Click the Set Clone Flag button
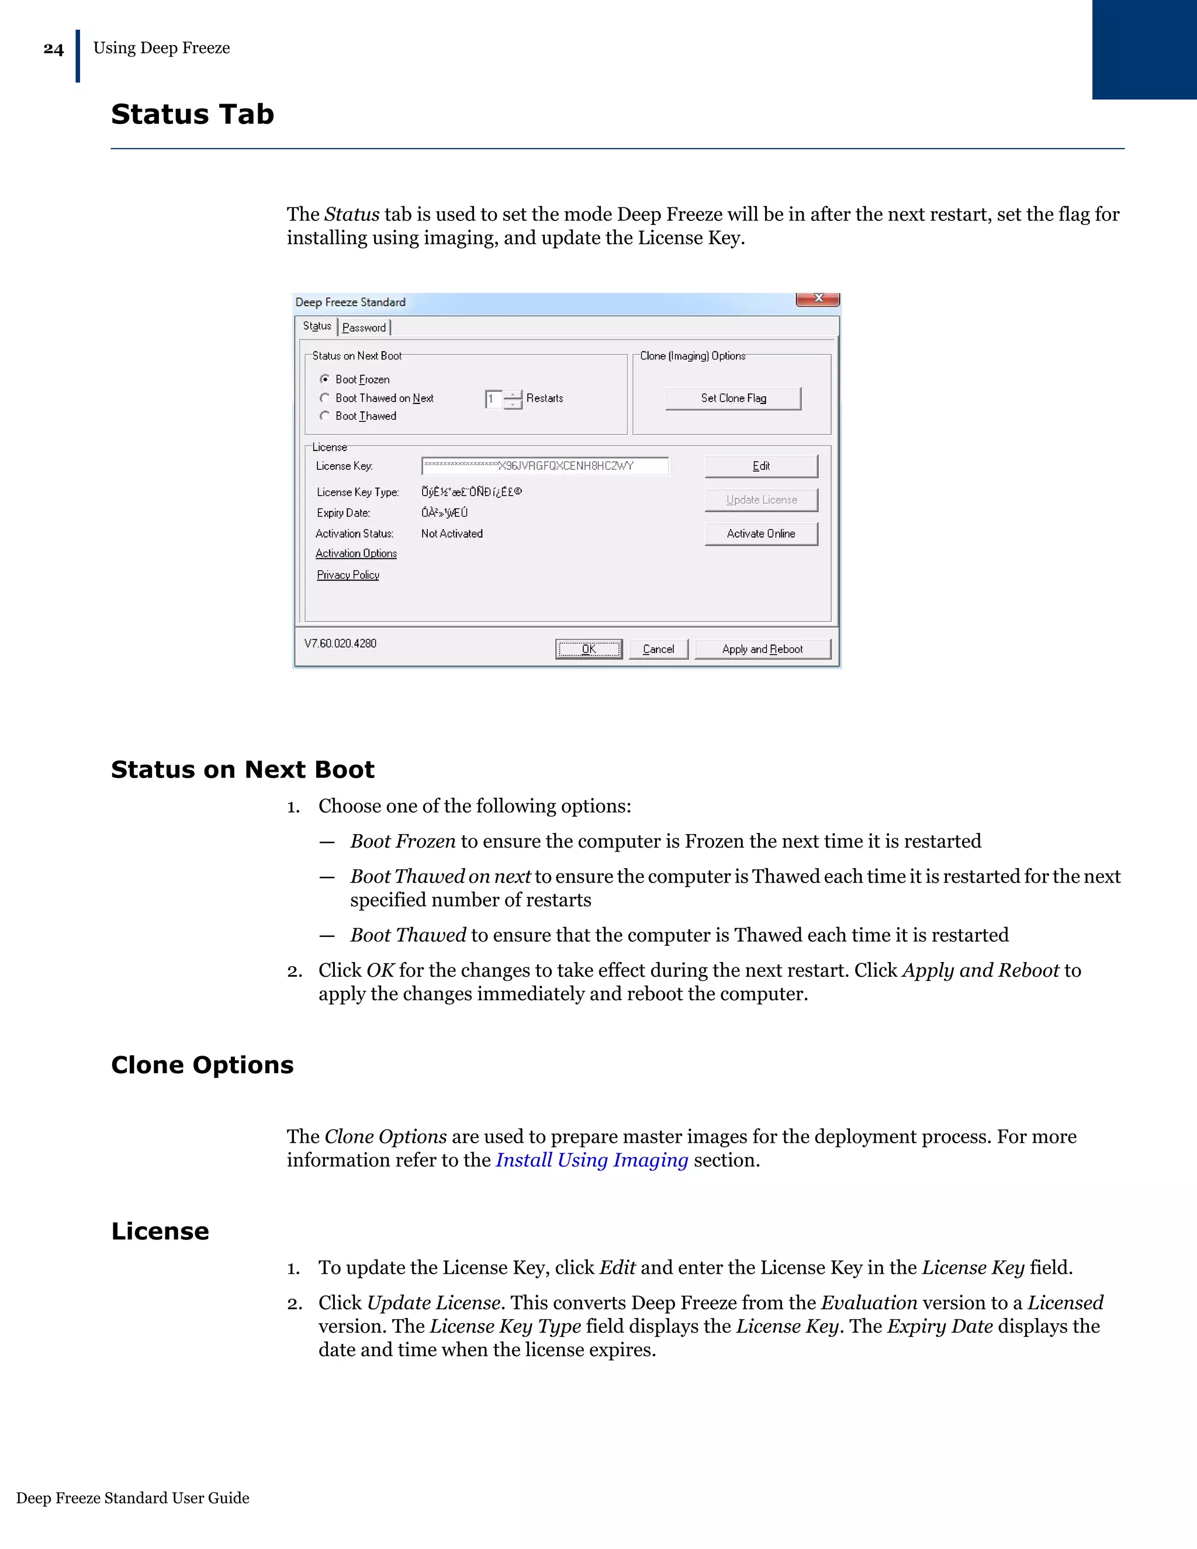tap(734, 399)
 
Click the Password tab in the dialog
tap(364, 328)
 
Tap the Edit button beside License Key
tap(761, 466)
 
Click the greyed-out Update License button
tap(761, 500)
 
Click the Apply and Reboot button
tap(762, 649)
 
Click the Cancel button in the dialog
tap(658, 649)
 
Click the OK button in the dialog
tap(589, 649)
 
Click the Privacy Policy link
tap(348, 575)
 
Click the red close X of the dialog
tap(818, 299)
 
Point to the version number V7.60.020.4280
tap(340, 644)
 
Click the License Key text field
tap(545, 466)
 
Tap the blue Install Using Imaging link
tap(591, 1160)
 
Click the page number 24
tap(53, 49)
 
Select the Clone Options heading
tap(202, 1064)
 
